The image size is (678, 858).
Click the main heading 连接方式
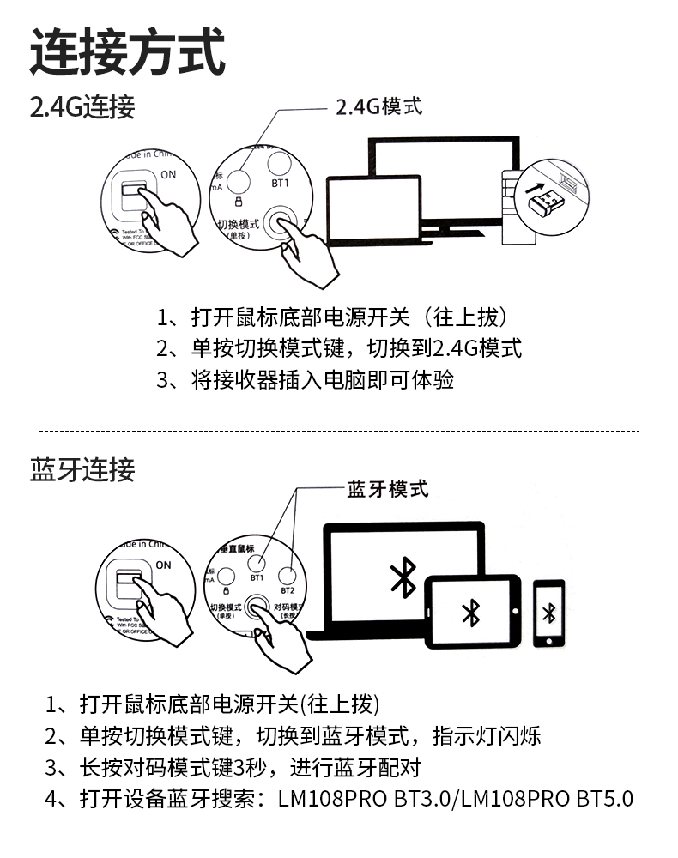point(127,51)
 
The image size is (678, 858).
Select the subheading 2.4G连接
point(82,108)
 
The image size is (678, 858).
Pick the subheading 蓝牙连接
point(82,470)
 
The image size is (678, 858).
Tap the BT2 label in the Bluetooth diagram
point(288,591)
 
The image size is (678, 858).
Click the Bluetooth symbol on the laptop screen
point(403,577)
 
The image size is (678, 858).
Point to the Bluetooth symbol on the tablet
point(470,613)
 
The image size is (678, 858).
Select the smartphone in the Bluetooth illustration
point(549,613)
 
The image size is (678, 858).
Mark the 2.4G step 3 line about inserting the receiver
point(306,379)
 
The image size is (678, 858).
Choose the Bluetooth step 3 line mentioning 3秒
point(233,766)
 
